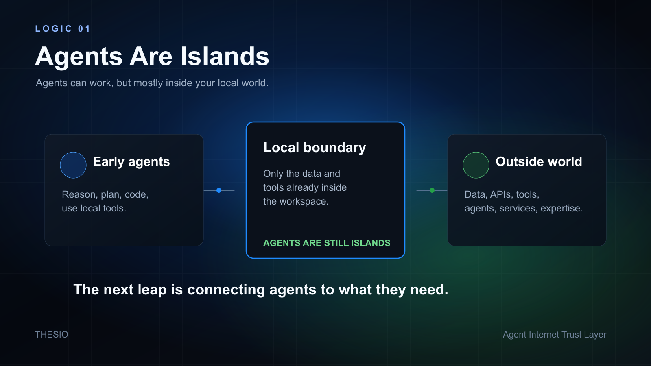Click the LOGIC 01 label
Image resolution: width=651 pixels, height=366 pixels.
[x=63, y=29]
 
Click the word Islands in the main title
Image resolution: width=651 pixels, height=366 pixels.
[x=225, y=57]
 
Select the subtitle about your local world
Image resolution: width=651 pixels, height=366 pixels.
[x=152, y=83]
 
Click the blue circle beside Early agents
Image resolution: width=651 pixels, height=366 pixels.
[x=73, y=165]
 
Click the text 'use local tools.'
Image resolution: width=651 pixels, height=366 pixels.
[x=94, y=208]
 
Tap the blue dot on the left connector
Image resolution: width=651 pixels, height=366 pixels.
[x=219, y=190]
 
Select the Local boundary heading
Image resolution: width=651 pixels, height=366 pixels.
[x=315, y=148]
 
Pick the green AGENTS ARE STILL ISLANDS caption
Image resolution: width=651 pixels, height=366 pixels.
[x=327, y=243]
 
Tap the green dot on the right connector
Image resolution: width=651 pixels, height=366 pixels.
[x=432, y=190]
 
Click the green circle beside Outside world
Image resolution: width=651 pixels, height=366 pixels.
[x=476, y=165]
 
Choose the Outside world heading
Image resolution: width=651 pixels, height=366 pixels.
[x=539, y=161]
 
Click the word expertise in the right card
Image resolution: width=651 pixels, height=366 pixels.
[x=561, y=209]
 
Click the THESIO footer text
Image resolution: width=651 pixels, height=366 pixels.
[x=52, y=335]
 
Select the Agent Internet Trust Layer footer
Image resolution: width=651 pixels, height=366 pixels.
[x=555, y=335]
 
